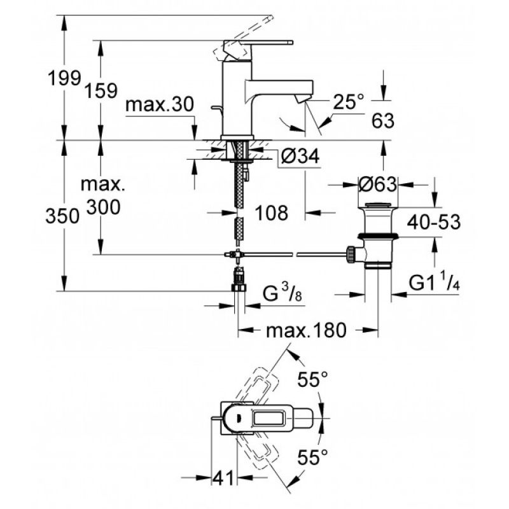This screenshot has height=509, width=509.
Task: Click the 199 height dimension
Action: (64, 78)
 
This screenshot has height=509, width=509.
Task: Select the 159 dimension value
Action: (101, 90)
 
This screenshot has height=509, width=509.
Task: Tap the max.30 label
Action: (160, 104)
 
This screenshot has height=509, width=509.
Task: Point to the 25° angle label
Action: (349, 102)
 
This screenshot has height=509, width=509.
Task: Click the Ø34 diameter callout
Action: (300, 156)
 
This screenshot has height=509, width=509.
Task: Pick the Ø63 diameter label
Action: (377, 185)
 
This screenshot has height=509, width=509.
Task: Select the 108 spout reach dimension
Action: (272, 213)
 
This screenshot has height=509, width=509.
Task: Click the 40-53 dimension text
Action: (434, 222)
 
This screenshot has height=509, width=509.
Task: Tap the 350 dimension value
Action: (62, 216)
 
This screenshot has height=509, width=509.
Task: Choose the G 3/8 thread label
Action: (282, 294)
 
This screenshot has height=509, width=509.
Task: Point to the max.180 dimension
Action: (306, 331)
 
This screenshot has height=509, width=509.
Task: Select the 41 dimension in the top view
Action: (223, 478)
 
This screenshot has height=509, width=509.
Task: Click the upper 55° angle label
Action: (313, 379)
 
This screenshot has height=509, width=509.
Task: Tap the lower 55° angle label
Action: (313, 457)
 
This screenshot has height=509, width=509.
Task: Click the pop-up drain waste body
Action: (377, 235)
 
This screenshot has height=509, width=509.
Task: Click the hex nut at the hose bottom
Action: (239, 288)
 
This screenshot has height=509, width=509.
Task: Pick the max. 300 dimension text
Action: (102, 195)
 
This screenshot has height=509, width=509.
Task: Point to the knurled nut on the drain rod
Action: (351, 254)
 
